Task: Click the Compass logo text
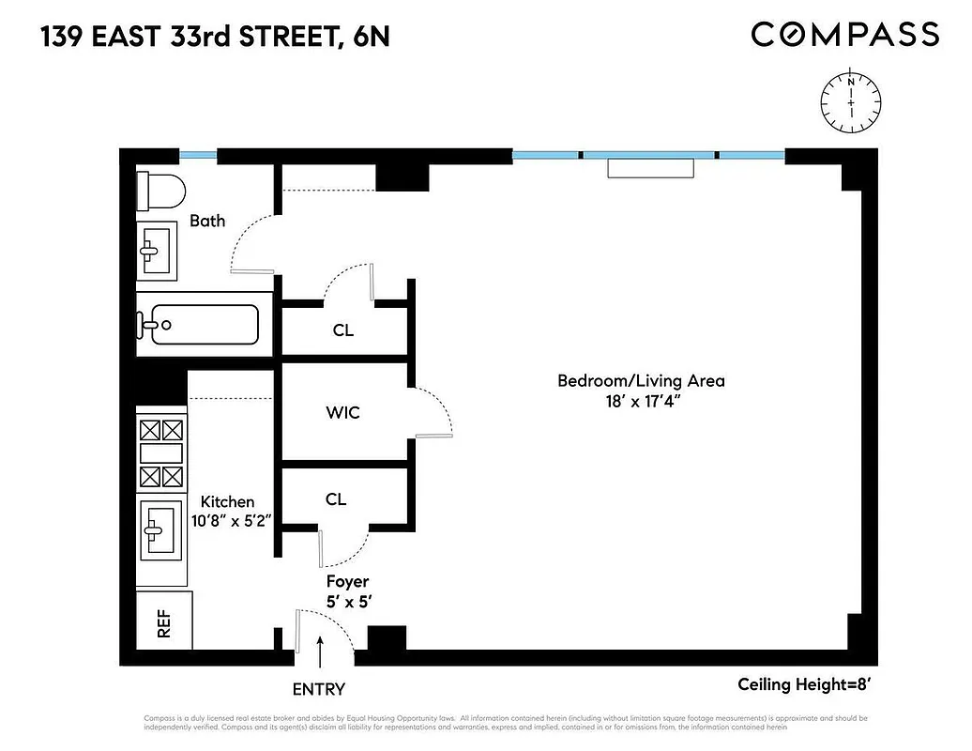pyautogui.click(x=844, y=35)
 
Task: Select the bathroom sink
pyautogui.click(x=157, y=250)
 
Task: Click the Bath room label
pyautogui.click(x=207, y=221)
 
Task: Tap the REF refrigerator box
pyautogui.click(x=164, y=621)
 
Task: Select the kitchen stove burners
pyautogui.click(x=160, y=452)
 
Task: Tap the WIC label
pyautogui.click(x=342, y=412)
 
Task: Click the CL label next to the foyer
pyautogui.click(x=336, y=499)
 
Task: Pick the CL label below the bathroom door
pyautogui.click(x=343, y=330)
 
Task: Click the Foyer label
pyautogui.click(x=347, y=582)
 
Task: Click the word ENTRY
pyautogui.click(x=319, y=689)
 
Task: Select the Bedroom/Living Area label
pyautogui.click(x=641, y=381)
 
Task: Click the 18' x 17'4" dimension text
pyautogui.click(x=641, y=402)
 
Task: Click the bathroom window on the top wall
pyautogui.click(x=198, y=156)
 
